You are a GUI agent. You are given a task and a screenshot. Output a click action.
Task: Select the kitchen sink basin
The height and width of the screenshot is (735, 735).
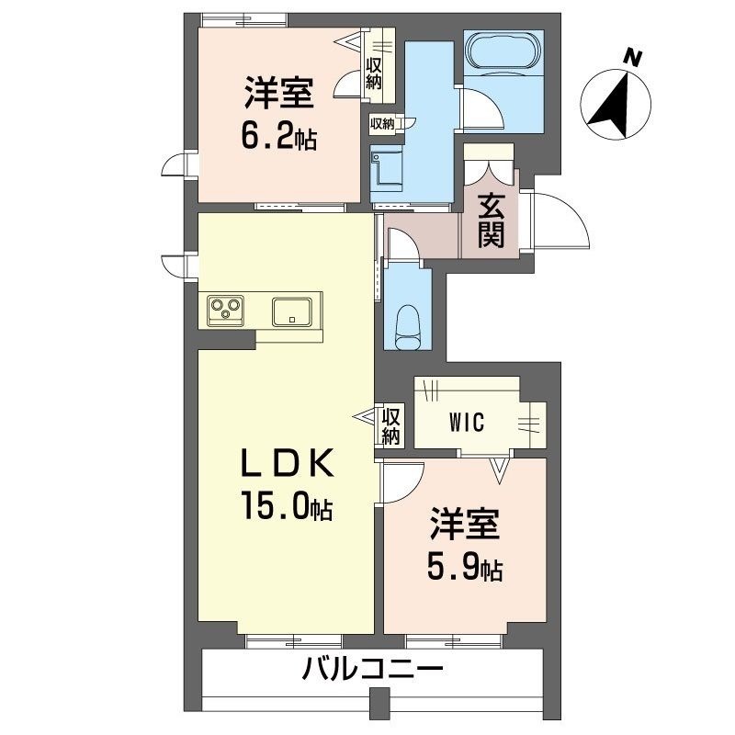[294, 310]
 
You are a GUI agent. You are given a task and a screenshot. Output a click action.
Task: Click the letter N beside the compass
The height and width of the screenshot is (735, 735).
[631, 57]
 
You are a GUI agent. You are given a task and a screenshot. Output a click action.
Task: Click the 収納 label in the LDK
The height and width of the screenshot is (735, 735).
[391, 426]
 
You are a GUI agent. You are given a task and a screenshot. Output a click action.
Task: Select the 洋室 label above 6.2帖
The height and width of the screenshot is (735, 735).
[279, 94]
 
